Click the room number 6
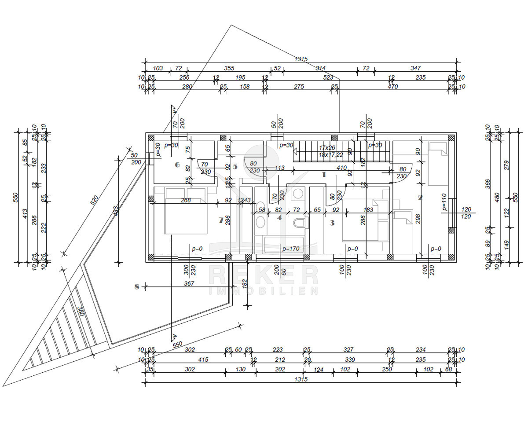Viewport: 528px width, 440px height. pyautogui.click(x=177, y=165)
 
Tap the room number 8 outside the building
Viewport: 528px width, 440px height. pyautogui.click(x=137, y=287)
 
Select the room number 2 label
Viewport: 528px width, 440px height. pyautogui.click(x=420, y=198)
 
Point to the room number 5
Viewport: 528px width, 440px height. pyautogui.click(x=235, y=167)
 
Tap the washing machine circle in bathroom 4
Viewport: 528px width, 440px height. pyautogui.click(x=298, y=194)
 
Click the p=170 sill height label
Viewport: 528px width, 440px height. pyautogui.click(x=291, y=249)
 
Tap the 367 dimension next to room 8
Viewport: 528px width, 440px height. pyautogui.click(x=189, y=284)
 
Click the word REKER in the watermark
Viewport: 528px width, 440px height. pyautogui.click(x=263, y=275)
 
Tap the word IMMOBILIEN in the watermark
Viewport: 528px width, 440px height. pyautogui.click(x=263, y=291)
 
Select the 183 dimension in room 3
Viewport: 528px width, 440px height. pyautogui.click(x=368, y=210)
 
